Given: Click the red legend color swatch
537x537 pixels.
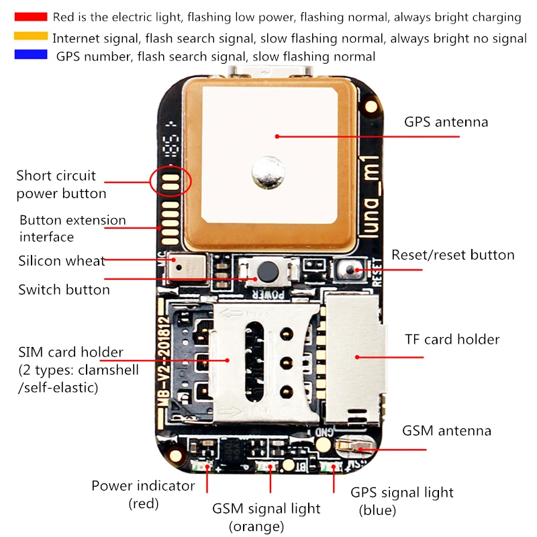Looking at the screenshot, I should click(30, 17).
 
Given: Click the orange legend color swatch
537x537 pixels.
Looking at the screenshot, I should click(30, 36).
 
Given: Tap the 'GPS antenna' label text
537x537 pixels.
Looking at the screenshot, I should click(446, 122).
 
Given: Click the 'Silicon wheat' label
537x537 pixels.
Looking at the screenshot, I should click(62, 260).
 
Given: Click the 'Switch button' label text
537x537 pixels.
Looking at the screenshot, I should click(64, 290).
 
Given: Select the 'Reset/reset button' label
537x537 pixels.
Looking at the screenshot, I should click(452, 255).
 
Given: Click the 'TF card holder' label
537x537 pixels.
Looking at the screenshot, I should click(452, 340).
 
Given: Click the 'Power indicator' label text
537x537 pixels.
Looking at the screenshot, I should click(143, 485).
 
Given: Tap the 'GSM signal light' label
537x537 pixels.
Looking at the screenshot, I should click(266, 509).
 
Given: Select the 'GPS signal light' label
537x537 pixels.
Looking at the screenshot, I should click(402, 492).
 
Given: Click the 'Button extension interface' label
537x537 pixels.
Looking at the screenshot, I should click(72, 228).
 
